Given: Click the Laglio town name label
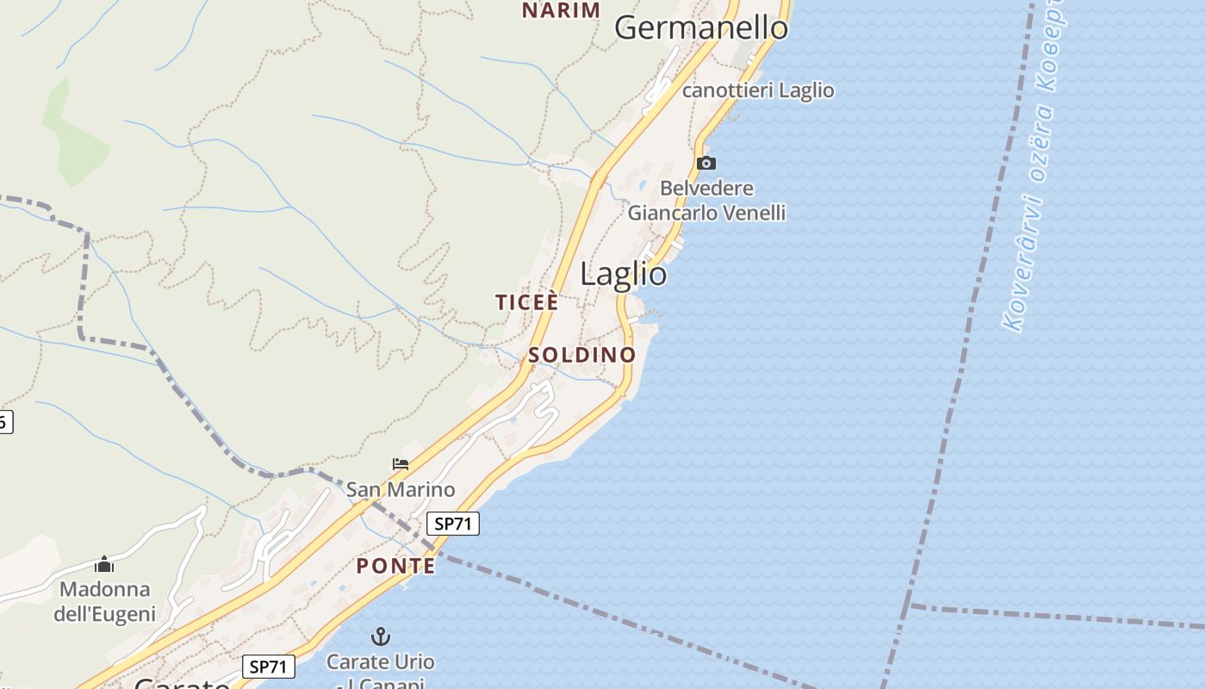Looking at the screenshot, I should (x=623, y=274).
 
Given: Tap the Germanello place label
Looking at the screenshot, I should (x=701, y=28).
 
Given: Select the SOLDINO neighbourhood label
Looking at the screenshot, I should (x=581, y=355).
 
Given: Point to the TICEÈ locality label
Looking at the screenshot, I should (x=526, y=302).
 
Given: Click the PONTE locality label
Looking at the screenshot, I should (x=395, y=566).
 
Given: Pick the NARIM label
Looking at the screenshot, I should (x=561, y=10).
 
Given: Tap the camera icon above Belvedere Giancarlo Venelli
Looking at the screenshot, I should (x=706, y=163).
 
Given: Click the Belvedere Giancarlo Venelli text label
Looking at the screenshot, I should (x=707, y=201).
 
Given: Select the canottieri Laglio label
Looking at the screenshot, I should (x=758, y=90).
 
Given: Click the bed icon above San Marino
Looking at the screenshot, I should (x=401, y=464).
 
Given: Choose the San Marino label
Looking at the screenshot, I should (x=401, y=490).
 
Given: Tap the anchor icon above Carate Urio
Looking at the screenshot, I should (x=380, y=637).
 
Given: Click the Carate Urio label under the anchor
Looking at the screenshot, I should (x=380, y=662).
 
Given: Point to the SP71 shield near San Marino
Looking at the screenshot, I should (x=452, y=523).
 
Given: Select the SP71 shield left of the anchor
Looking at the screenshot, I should (x=268, y=666).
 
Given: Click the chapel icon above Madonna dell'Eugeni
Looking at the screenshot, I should (x=105, y=564).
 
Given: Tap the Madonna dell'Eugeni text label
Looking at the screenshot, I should (x=105, y=601).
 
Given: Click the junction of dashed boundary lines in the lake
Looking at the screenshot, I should (x=910, y=605).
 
